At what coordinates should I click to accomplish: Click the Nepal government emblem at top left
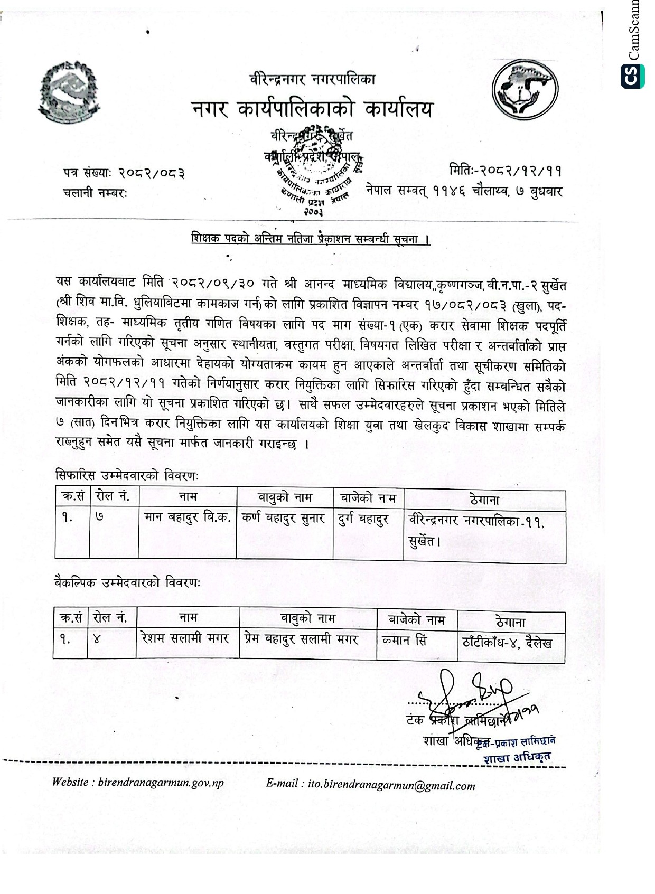point(69,92)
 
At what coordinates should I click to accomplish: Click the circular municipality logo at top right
point(525,89)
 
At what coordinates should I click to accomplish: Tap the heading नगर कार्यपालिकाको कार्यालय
point(312,109)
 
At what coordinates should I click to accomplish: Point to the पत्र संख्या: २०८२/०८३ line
point(124,173)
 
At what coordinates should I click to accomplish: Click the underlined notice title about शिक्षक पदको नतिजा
point(311,239)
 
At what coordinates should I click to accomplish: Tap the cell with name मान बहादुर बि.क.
point(188,517)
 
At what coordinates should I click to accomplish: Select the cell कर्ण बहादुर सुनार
point(284,518)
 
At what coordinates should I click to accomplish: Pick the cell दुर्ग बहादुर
point(364,519)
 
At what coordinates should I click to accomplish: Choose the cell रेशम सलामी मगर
point(185,638)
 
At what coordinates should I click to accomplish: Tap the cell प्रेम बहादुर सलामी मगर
point(302,639)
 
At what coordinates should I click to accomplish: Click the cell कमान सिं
point(404,641)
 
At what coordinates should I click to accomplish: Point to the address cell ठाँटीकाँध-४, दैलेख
point(507,642)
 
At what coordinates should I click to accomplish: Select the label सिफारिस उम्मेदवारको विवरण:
point(127,476)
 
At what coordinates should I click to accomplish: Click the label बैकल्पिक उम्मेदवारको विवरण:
point(127,583)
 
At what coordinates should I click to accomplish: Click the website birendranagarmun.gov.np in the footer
point(161,783)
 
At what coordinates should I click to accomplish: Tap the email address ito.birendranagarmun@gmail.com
point(391,785)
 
